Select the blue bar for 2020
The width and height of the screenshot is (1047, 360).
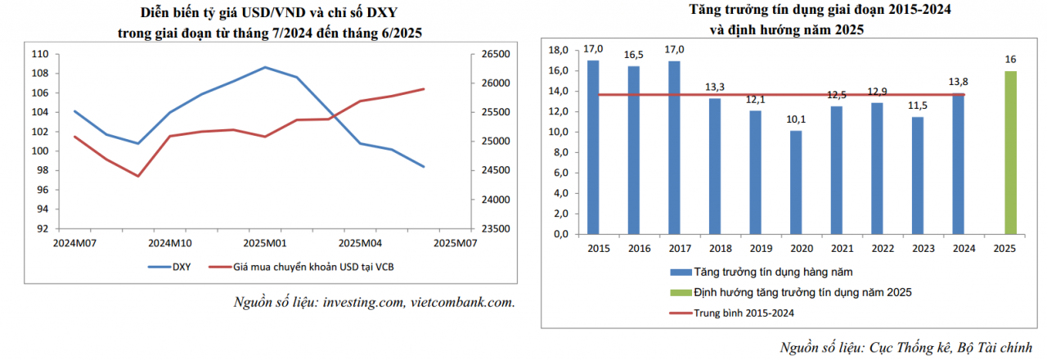tap(796, 182)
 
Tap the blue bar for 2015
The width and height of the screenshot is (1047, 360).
tap(593, 147)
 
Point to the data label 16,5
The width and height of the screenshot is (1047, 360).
tap(633, 55)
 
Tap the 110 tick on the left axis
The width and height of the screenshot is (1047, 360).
tap(41, 54)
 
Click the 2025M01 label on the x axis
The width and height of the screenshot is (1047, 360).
tap(265, 243)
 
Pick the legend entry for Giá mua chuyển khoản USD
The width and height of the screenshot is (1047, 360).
tap(307, 267)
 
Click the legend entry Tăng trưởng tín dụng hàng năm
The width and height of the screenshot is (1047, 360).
tap(755, 271)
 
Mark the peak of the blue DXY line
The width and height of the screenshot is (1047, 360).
tap(265, 67)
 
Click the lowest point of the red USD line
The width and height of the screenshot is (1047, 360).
tap(138, 176)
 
